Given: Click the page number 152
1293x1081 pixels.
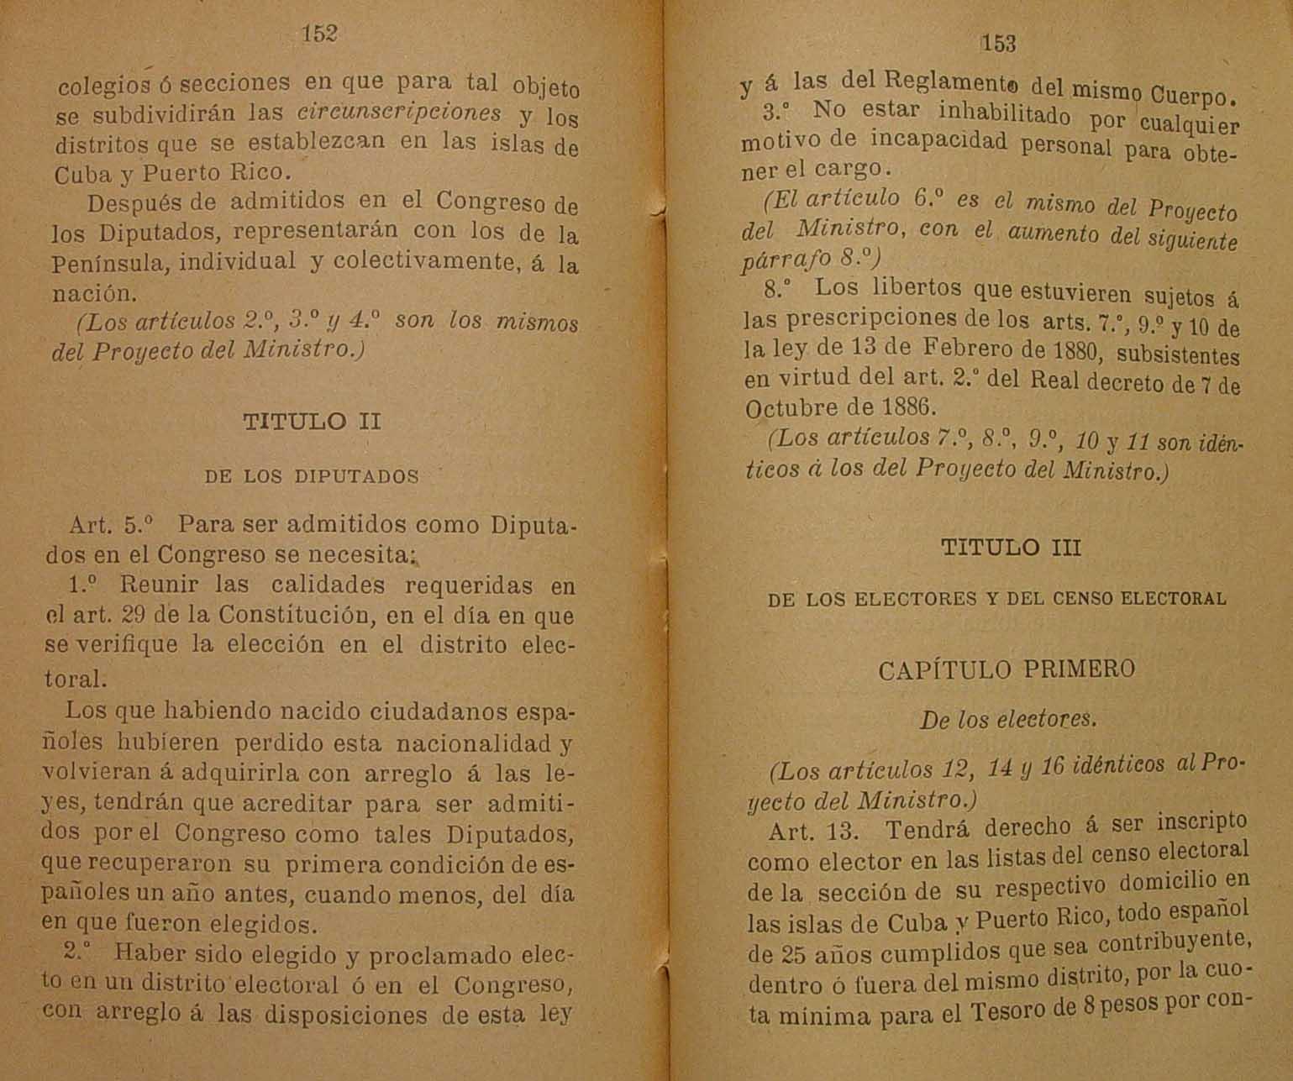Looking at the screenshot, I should pos(319,34).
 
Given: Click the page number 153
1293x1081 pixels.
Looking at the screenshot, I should pos(998,44).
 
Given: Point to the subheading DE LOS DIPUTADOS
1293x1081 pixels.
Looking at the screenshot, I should pos(312,477).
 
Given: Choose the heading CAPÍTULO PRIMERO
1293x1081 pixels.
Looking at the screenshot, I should pos(1007,669).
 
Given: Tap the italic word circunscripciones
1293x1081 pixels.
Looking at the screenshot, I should pos(399,112).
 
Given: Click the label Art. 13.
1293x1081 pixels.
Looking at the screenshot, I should pos(812,832).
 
